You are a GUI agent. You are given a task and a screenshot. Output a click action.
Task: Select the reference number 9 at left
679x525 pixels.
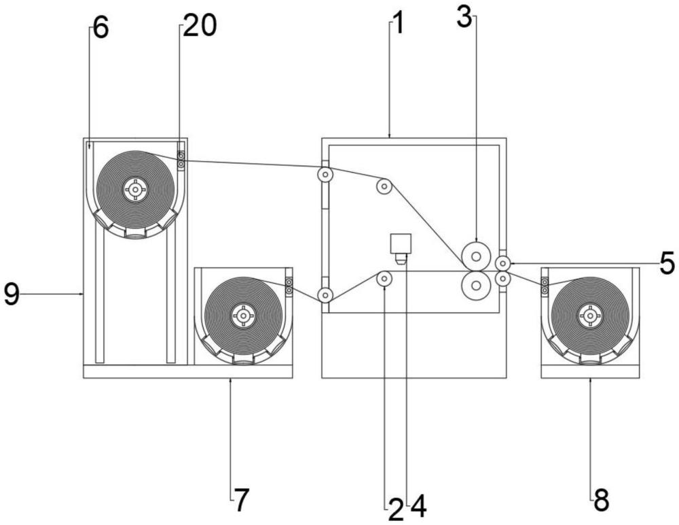click(12, 294)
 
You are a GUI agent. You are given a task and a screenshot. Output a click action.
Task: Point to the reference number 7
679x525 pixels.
click(242, 501)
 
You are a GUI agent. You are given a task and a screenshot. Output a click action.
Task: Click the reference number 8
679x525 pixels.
click(601, 501)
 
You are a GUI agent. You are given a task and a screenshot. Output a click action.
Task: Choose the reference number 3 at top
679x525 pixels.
click(464, 18)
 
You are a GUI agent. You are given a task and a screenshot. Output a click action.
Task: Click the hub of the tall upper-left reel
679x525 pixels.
click(136, 189)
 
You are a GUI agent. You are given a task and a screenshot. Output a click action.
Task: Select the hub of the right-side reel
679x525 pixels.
click(589, 315)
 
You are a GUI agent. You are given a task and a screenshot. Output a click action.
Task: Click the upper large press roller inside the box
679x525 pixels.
click(477, 256)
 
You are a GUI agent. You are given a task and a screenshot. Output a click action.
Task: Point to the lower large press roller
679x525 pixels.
click(477, 286)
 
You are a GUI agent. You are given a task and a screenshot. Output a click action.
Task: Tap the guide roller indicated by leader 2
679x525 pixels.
click(384, 278)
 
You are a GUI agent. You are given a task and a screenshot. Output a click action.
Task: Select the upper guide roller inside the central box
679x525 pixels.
click(384, 186)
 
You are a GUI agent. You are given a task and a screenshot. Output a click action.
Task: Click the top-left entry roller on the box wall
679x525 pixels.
click(326, 175)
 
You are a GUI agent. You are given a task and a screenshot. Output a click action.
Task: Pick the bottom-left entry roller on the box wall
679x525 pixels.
click(326, 295)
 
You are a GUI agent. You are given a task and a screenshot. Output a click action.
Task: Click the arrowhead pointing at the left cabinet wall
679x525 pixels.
click(82, 294)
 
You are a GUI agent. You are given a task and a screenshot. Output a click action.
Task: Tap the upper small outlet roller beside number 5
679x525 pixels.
click(502, 262)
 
